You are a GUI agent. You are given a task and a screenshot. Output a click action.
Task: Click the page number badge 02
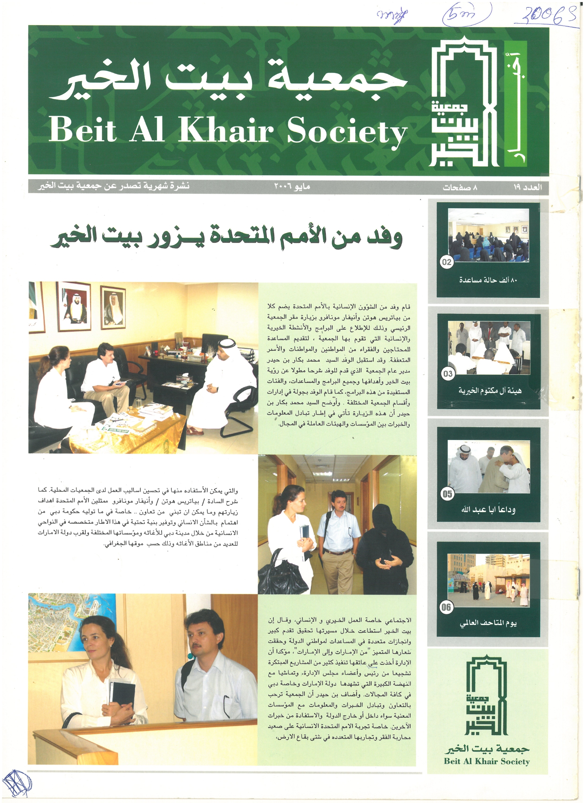(447, 262)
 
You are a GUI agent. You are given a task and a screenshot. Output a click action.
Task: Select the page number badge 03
(448, 374)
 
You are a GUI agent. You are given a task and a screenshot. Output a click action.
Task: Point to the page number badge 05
(447, 494)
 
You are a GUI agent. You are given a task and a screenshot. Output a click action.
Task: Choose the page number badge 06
(446, 607)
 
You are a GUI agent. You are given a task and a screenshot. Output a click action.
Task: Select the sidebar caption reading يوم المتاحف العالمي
(488, 623)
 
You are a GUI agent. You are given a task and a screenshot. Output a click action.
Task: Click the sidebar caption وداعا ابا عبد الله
(488, 510)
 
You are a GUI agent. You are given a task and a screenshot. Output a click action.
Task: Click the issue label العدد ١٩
(528, 187)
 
